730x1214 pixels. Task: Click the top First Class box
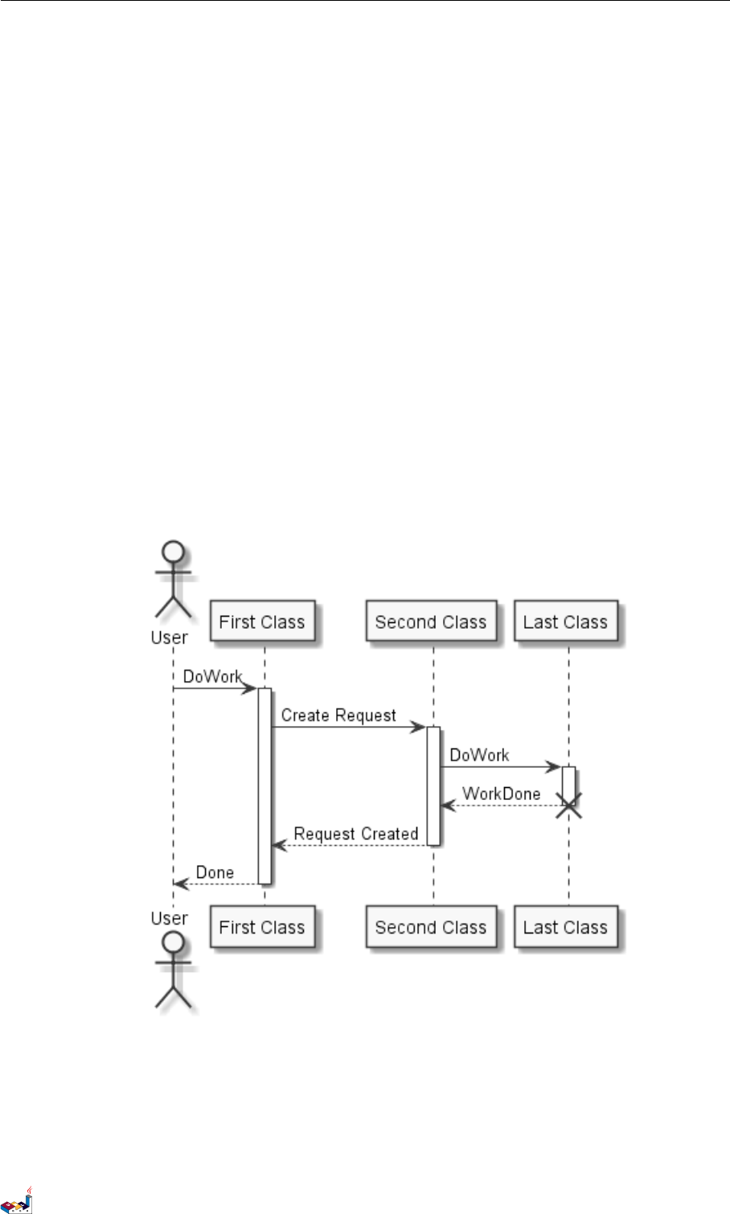[261, 621]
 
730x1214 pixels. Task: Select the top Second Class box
[431, 621]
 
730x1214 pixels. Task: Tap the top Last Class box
[565, 621]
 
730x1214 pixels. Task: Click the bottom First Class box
[261, 927]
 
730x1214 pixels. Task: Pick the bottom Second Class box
[431, 927]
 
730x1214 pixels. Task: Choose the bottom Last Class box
[565, 927]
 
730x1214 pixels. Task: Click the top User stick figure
[173, 579]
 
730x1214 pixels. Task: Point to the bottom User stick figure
[173, 969]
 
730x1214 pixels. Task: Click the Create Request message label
[338, 715]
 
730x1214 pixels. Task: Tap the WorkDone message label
[502, 794]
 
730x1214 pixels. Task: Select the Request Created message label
[355, 834]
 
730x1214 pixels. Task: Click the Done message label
[215, 872]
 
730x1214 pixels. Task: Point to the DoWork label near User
[212, 676]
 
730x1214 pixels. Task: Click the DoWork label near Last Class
[479, 755]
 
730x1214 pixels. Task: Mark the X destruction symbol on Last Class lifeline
[568, 805]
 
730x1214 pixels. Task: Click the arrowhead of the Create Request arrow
[419, 728]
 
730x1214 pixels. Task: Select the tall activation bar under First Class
[265, 785]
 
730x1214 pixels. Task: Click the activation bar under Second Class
[433, 785]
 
